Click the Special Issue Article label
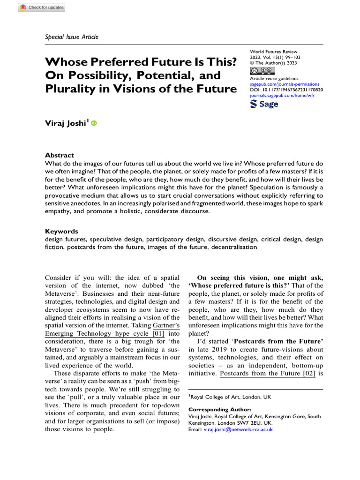click(72, 37)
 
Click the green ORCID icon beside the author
click(94, 124)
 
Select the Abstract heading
click(59, 155)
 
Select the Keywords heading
click(61, 231)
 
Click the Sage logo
click(265, 104)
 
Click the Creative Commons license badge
click(262, 71)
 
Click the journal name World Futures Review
click(274, 52)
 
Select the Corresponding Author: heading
click(216, 409)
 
